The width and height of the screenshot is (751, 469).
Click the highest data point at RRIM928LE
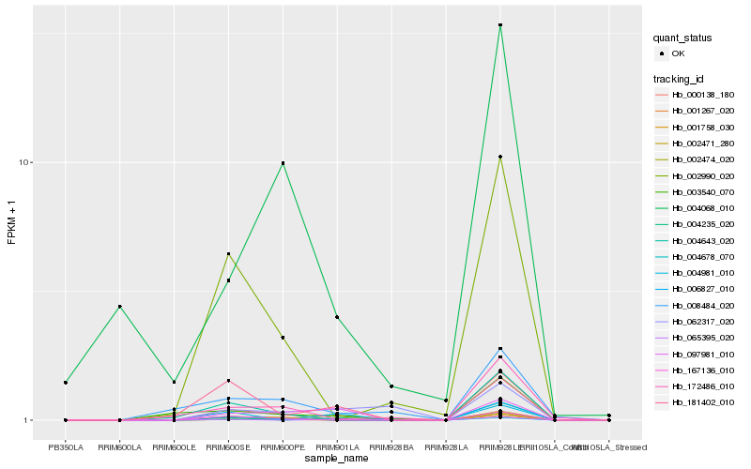pyautogui.click(x=500, y=25)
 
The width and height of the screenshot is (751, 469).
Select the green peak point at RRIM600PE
pyautogui.click(x=283, y=163)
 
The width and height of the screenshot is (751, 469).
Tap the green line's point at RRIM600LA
pyautogui.click(x=119, y=307)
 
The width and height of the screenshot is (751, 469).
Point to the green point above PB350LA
pyautogui.click(x=65, y=383)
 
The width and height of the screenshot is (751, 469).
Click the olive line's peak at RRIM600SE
pyautogui.click(x=228, y=253)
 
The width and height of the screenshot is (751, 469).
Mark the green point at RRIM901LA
pyautogui.click(x=337, y=317)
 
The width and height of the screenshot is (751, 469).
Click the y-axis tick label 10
pyautogui.click(x=27, y=163)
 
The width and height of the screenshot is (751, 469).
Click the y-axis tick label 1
pyautogui.click(x=30, y=420)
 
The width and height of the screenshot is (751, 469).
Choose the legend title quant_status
pyautogui.click(x=682, y=38)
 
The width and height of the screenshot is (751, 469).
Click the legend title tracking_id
pyautogui.click(x=680, y=78)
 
